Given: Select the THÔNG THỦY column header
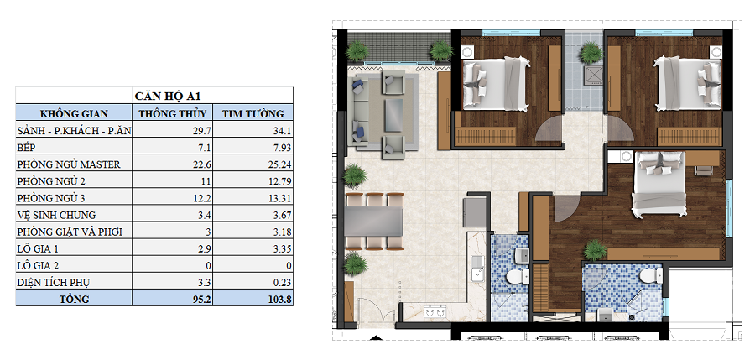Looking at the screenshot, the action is click(x=172, y=114).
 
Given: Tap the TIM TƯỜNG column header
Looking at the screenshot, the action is click(x=253, y=114).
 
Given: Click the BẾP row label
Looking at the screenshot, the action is click(x=27, y=148).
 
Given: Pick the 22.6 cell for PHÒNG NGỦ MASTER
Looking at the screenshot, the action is click(x=202, y=164).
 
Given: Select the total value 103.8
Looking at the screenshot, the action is click(x=279, y=300).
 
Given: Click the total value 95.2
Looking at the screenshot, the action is click(x=202, y=300).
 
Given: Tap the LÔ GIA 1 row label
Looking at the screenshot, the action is click(x=38, y=248).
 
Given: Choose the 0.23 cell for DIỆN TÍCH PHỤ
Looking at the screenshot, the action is click(x=283, y=283).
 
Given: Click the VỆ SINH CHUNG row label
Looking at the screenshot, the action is click(x=56, y=215).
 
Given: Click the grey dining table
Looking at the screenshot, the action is click(x=373, y=222).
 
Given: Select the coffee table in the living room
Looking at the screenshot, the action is click(x=395, y=114).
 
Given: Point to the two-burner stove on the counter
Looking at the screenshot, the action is click(x=434, y=313).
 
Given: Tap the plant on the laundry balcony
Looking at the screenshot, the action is click(x=591, y=53).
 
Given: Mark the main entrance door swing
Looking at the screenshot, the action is click(x=375, y=309).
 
